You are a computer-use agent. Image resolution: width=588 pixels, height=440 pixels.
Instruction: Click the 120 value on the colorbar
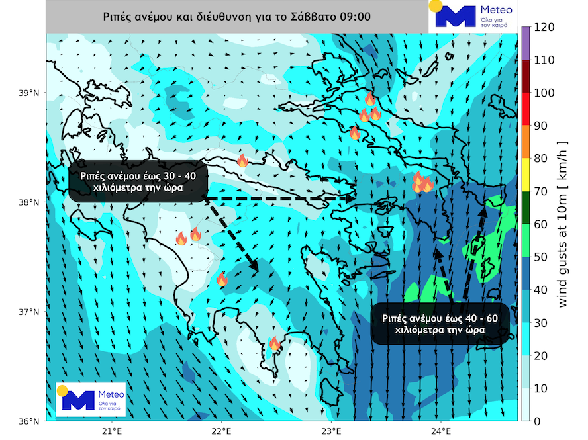point(544,28)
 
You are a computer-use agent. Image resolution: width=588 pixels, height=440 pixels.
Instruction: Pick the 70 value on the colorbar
point(542,191)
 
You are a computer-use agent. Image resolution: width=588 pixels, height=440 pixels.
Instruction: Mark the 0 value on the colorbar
point(539,421)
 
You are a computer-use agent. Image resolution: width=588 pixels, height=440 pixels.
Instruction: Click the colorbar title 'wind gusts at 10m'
point(563,225)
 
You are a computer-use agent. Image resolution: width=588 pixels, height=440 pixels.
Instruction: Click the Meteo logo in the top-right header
point(471,17)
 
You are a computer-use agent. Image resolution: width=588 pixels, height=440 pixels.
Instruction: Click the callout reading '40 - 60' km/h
point(440,324)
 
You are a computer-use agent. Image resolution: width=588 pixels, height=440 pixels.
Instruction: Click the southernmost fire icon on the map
point(274,343)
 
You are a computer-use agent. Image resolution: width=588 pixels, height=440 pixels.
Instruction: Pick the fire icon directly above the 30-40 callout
point(242,160)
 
